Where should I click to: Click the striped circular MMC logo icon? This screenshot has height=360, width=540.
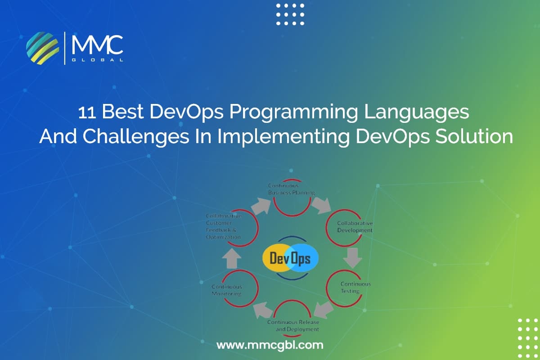(x=43, y=48)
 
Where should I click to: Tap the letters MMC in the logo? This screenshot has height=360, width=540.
(x=97, y=45)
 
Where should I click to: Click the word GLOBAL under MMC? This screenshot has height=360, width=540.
(x=97, y=59)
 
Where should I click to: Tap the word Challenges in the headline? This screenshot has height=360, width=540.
(x=153, y=136)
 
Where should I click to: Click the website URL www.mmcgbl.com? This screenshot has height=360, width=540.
(x=270, y=345)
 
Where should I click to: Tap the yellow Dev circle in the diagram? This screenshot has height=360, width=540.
(x=277, y=258)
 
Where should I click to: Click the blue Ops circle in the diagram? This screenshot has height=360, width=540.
(x=303, y=258)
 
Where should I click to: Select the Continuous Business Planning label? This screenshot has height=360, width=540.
(x=291, y=189)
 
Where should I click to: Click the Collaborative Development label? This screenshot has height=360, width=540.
(x=355, y=227)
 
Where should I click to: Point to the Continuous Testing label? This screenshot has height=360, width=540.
(x=355, y=287)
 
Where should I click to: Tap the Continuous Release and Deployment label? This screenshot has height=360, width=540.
(x=293, y=325)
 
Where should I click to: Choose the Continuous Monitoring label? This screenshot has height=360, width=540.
(x=227, y=290)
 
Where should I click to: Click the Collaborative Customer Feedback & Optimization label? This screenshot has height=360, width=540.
(x=223, y=226)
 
